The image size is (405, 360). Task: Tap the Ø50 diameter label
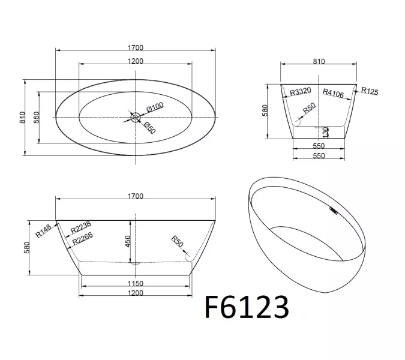[x=148, y=127]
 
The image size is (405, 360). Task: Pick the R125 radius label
[x=370, y=91]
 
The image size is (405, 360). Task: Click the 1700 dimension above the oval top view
[x=135, y=47]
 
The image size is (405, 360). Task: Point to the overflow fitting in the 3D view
[x=333, y=211]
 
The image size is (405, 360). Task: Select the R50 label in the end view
[x=308, y=110]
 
